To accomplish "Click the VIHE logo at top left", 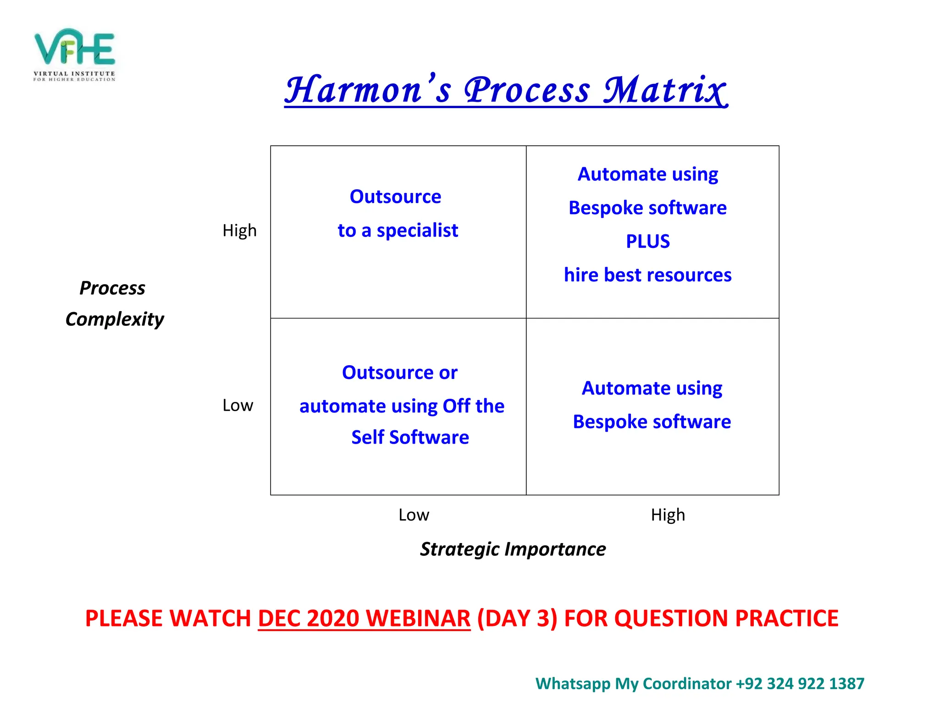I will tap(74, 54).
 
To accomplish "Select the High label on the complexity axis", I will tap(239, 231).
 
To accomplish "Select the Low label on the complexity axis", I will tap(238, 406).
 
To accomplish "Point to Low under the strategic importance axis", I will tap(414, 515).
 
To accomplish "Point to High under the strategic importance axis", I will tap(668, 515).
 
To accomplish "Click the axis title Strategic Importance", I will tap(513, 549).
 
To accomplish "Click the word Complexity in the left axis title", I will tap(115, 319).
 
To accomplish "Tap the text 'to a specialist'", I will tap(398, 231).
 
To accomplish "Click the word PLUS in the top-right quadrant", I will tap(647, 242).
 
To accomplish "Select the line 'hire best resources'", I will tap(647, 275).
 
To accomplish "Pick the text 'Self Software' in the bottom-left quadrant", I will tap(410, 437).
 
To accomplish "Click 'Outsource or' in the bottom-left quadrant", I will tap(399, 373).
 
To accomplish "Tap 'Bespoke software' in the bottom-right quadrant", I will tap(652, 422).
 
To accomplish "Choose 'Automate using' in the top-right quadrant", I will tap(647, 175).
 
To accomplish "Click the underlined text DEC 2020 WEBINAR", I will tap(364, 618).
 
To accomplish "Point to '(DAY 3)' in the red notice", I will tap(517, 618).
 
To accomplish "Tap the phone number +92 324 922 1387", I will tap(800, 683).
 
